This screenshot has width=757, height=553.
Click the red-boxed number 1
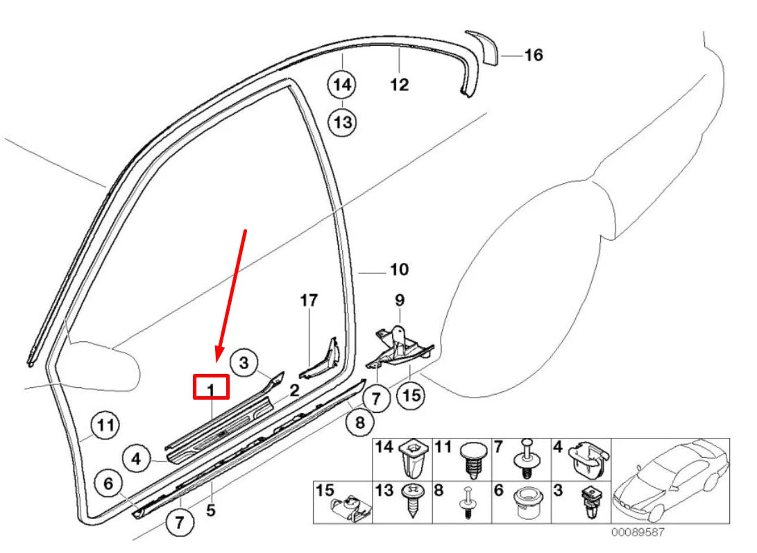(210, 387)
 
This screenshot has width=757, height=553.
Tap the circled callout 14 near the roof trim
(341, 85)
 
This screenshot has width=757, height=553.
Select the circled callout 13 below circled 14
(341, 123)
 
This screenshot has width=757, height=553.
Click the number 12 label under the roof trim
(400, 85)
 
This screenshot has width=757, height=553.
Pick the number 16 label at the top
(533, 55)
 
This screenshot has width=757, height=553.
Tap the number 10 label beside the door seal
(400, 269)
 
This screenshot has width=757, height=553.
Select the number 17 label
(309, 300)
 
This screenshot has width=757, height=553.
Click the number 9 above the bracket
(399, 300)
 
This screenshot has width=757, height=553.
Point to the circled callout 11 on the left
(105, 425)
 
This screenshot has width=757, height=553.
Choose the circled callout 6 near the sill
(108, 483)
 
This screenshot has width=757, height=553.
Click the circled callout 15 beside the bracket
(411, 395)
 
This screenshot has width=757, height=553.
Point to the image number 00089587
(638, 533)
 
